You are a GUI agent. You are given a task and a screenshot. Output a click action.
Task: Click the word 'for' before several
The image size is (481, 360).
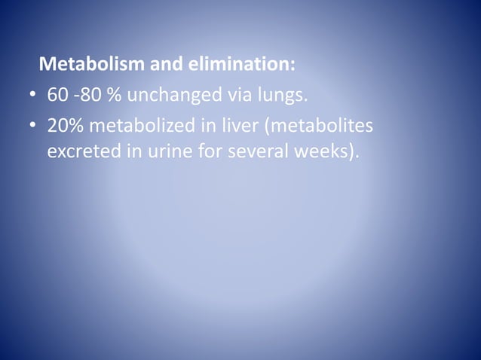[208, 151]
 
